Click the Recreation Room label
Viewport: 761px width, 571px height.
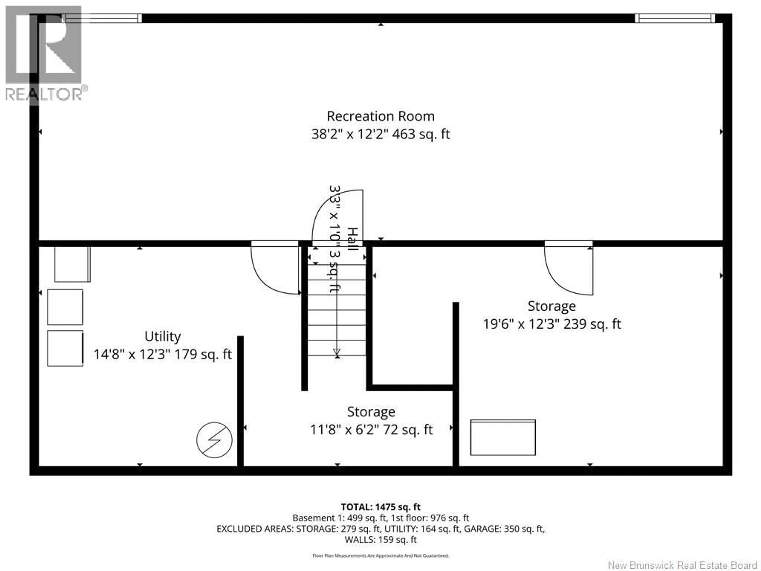pyautogui.click(x=380, y=116)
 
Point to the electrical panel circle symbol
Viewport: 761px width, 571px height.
pyautogui.click(x=214, y=440)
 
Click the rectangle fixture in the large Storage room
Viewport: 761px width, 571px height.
pyautogui.click(x=503, y=437)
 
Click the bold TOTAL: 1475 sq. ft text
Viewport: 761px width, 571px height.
pyautogui.click(x=380, y=507)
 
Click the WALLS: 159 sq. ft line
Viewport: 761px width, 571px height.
pyautogui.click(x=380, y=539)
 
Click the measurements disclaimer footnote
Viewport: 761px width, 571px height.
pyautogui.click(x=380, y=556)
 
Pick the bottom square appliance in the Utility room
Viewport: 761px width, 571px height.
pyautogui.click(x=65, y=348)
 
